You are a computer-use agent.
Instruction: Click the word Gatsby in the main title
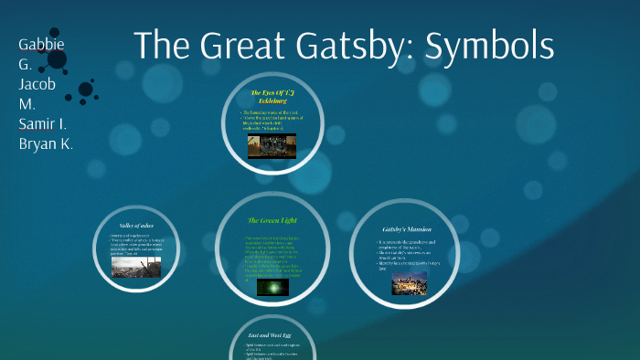coord(365,46)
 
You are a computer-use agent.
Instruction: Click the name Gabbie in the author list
coord(41,44)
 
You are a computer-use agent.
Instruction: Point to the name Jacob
coord(37,84)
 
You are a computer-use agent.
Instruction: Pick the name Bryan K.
coord(46,143)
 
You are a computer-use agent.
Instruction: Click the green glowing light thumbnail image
coord(272,287)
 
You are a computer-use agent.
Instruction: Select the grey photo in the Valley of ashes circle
coord(135,266)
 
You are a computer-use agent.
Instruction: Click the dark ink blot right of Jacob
coord(86,90)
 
